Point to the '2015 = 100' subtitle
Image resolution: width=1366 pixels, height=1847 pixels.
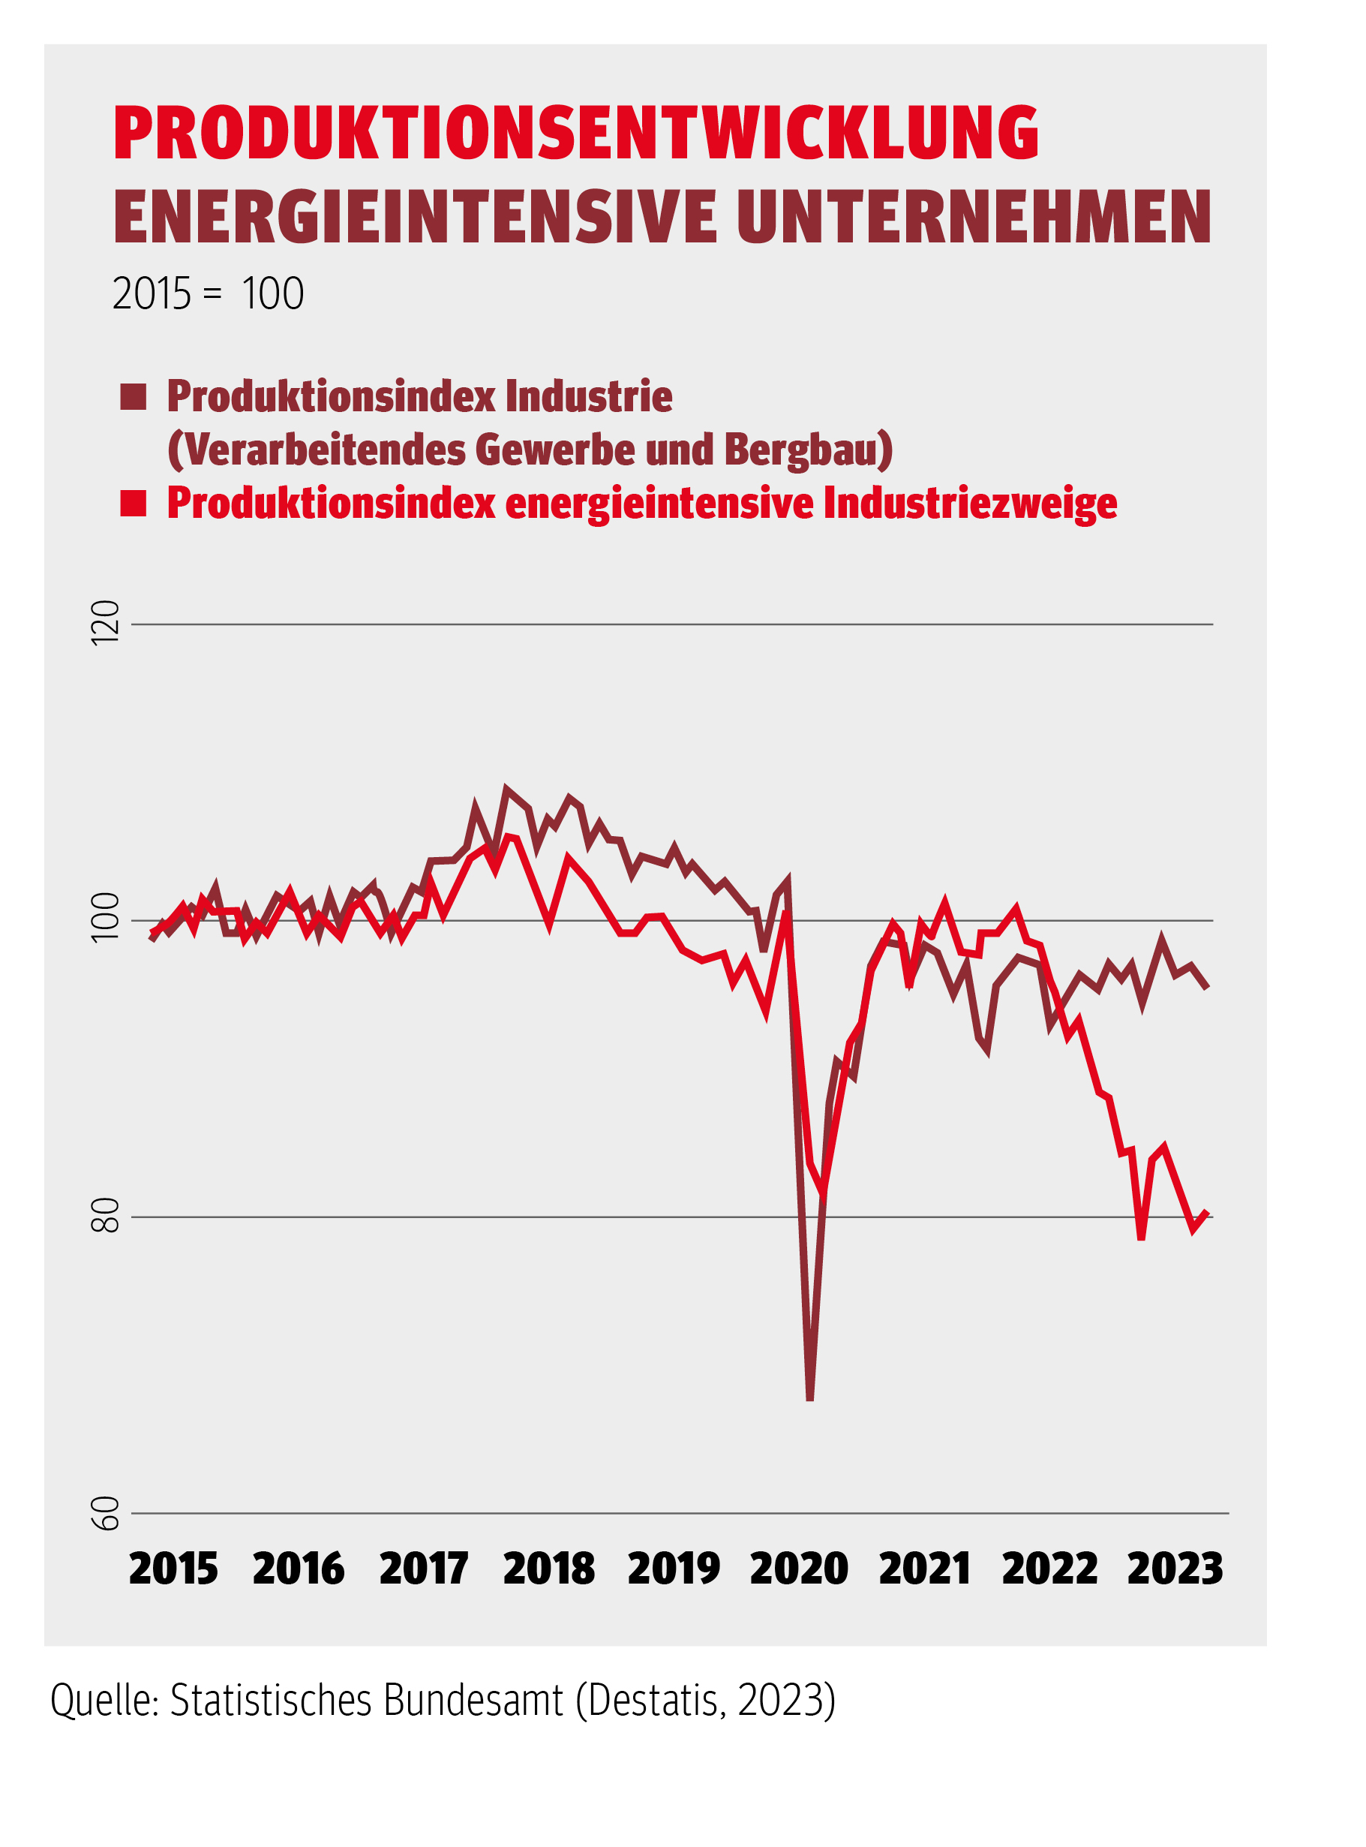(208, 293)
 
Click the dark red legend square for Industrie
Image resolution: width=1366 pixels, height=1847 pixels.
(133, 397)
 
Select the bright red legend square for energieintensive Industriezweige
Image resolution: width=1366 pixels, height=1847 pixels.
(133, 503)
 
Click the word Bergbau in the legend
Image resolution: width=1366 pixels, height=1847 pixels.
(808, 450)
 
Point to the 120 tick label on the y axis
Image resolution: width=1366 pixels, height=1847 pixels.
(106, 623)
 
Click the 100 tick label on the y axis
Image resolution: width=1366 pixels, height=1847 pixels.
(106, 918)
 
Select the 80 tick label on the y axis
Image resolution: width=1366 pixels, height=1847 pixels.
(106, 1215)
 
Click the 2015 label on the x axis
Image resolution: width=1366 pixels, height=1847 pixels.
(173, 1569)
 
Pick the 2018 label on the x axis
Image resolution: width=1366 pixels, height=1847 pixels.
(548, 1569)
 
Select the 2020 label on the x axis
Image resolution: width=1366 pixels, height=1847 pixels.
(799, 1569)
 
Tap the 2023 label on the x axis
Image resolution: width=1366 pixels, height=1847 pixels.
(1174, 1569)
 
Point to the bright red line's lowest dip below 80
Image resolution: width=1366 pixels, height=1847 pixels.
(1141, 1238)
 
